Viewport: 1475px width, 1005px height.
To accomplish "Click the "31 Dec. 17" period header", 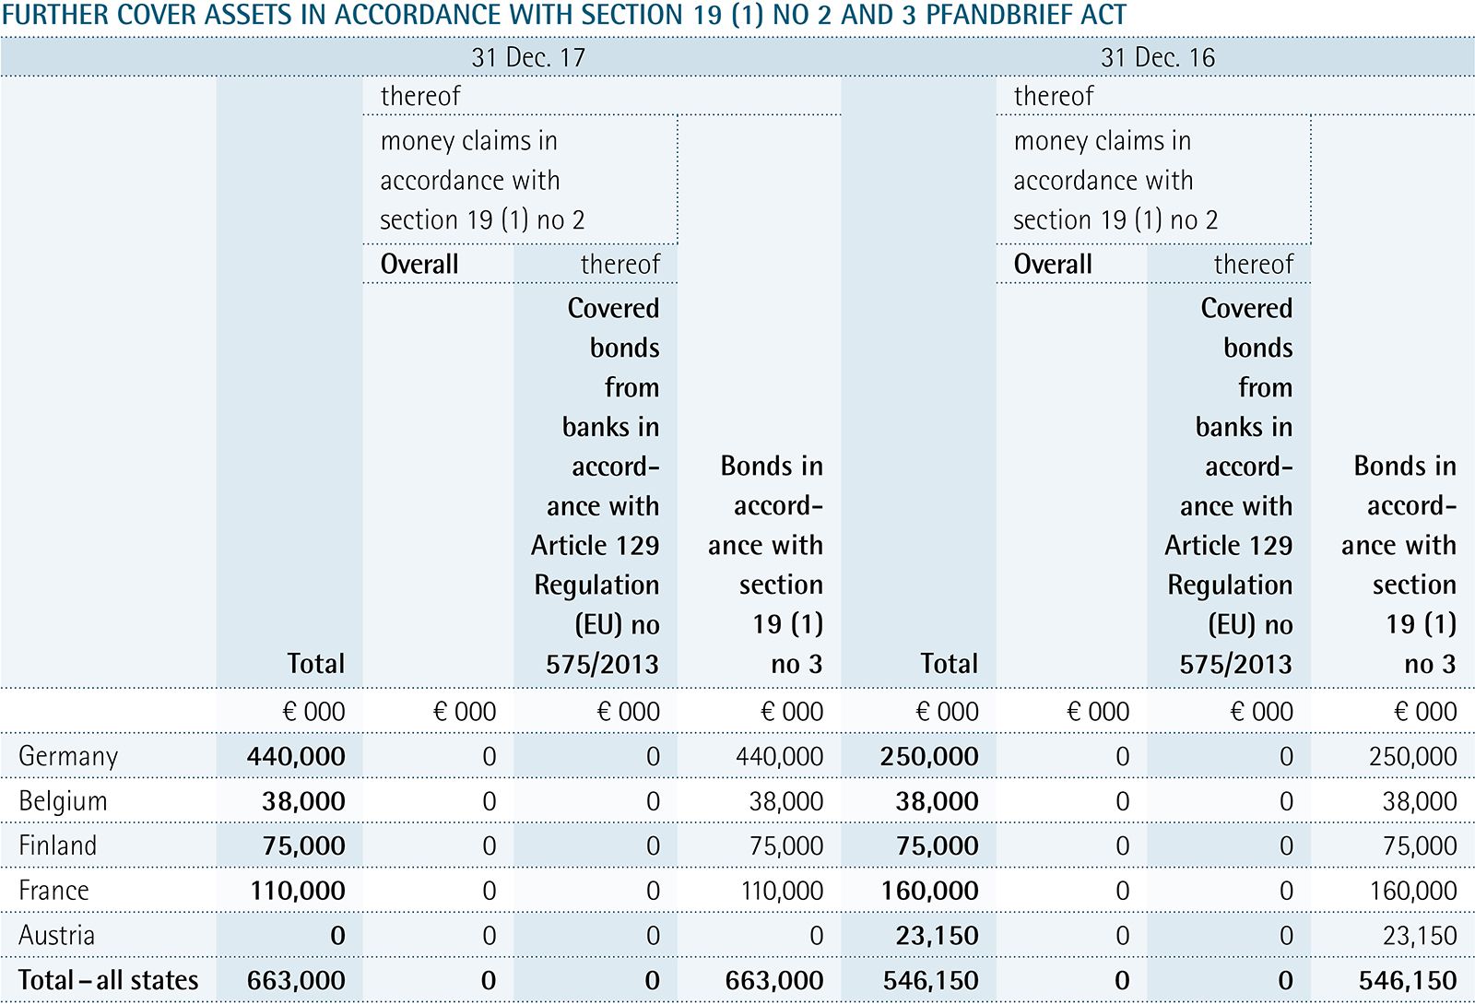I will pyautogui.click(x=528, y=57).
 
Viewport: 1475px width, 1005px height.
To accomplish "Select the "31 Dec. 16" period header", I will pyautogui.click(x=1158, y=57).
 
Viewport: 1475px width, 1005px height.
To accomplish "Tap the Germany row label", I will pyautogui.click(x=68, y=756).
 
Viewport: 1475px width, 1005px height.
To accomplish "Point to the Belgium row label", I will pyautogui.click(x=63, y=801).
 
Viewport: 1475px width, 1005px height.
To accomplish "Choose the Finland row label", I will pyautogui.click(x=57, y=845).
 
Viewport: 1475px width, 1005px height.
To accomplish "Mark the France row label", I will pyautogui.click(x=53, y=891).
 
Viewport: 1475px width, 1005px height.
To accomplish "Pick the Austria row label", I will pyautogui.click(x=56, y=935).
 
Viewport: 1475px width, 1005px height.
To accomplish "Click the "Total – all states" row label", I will pyautogui.click(x=109, y=980).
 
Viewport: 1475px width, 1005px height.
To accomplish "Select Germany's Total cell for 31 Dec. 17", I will pyautogui.click(x=296, y=756).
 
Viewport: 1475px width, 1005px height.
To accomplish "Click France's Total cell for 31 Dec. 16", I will pyautogui.click(x=929, y=891).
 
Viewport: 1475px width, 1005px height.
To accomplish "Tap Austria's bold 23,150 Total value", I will pyautogui.click(x=937, y=935).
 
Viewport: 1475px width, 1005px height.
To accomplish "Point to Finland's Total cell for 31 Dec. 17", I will pyautogui.click(x=303, y=845).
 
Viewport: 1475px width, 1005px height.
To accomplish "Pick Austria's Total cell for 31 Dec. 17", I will pyautogui.click(x=337, y=935).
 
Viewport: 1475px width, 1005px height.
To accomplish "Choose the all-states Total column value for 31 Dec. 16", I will pyautogui.click(x=930, y=980).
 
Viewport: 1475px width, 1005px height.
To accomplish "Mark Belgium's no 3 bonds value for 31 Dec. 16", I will pyautogui.click(x=1419, y=801).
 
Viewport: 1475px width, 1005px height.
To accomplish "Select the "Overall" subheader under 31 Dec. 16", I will pyautogui.click(x=1053, y=265).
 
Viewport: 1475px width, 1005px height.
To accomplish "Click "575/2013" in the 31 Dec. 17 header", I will pyautogui.click(x=602, y=664).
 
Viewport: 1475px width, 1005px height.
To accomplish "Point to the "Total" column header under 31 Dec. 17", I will pyautogui.click(x=315, y=664).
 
